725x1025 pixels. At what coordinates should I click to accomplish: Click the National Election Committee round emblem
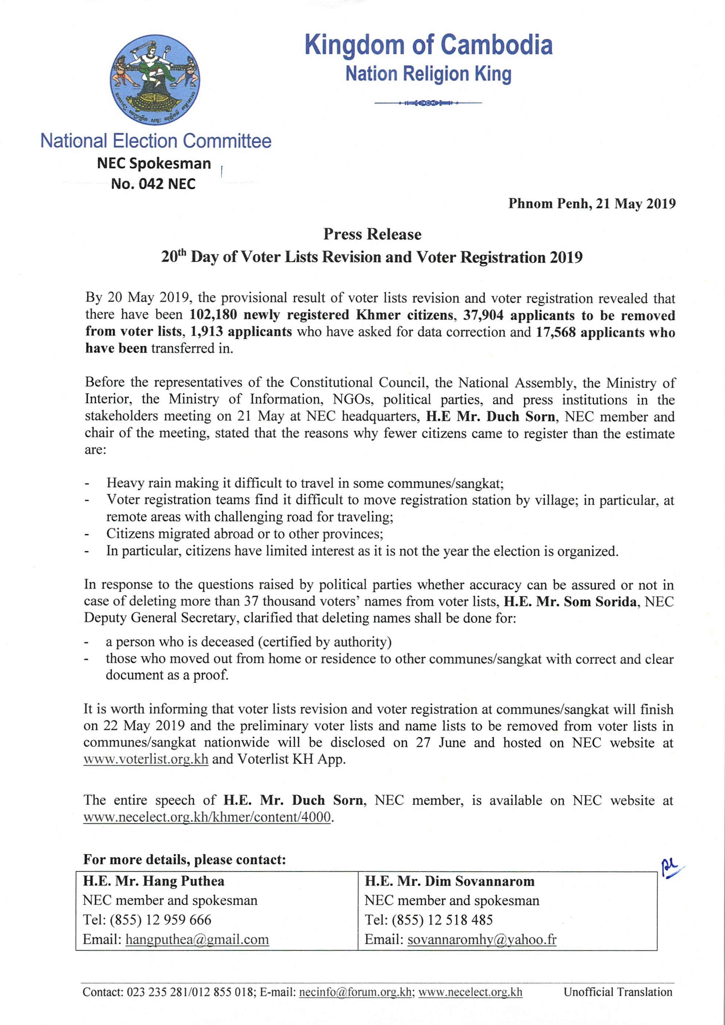tap(155, 79)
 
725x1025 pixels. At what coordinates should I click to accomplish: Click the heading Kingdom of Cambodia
tap(429, 45)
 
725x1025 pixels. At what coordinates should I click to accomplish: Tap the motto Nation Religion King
tap(428, 74)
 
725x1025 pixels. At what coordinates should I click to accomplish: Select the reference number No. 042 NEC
tap(153, 184)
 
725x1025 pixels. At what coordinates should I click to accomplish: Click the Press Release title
tap(372, 234)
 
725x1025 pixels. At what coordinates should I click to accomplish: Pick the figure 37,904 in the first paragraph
tap(483, 315)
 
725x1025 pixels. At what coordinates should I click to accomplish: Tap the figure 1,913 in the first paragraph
tap(206, 332)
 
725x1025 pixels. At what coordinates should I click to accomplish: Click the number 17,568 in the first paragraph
tap(555, 332)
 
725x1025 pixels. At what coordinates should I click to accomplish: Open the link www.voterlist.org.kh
tap(145, 759)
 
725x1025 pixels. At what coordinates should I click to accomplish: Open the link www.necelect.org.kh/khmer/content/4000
tap(208, 818)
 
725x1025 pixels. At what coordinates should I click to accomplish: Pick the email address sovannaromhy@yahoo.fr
tap(482, 939)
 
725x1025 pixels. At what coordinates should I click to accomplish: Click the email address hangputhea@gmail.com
tap(197, 939)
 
